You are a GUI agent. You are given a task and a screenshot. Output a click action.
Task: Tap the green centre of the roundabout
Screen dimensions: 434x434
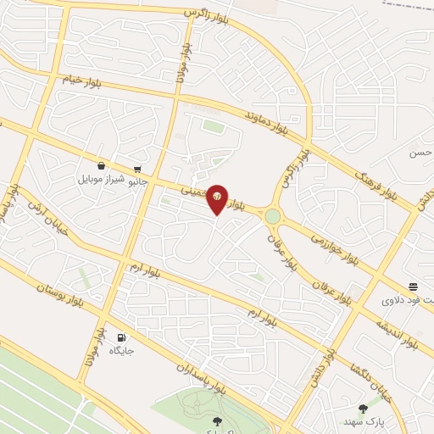(272, 216)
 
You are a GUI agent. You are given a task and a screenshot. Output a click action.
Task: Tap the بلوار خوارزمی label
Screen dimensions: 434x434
(339, 250)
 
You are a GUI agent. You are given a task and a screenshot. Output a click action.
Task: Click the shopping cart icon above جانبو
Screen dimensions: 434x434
(137, 168)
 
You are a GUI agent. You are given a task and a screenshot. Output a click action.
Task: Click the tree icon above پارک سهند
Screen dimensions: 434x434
(363, 409)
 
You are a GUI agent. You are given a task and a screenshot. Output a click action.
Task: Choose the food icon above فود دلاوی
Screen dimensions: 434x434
(413, 287)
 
